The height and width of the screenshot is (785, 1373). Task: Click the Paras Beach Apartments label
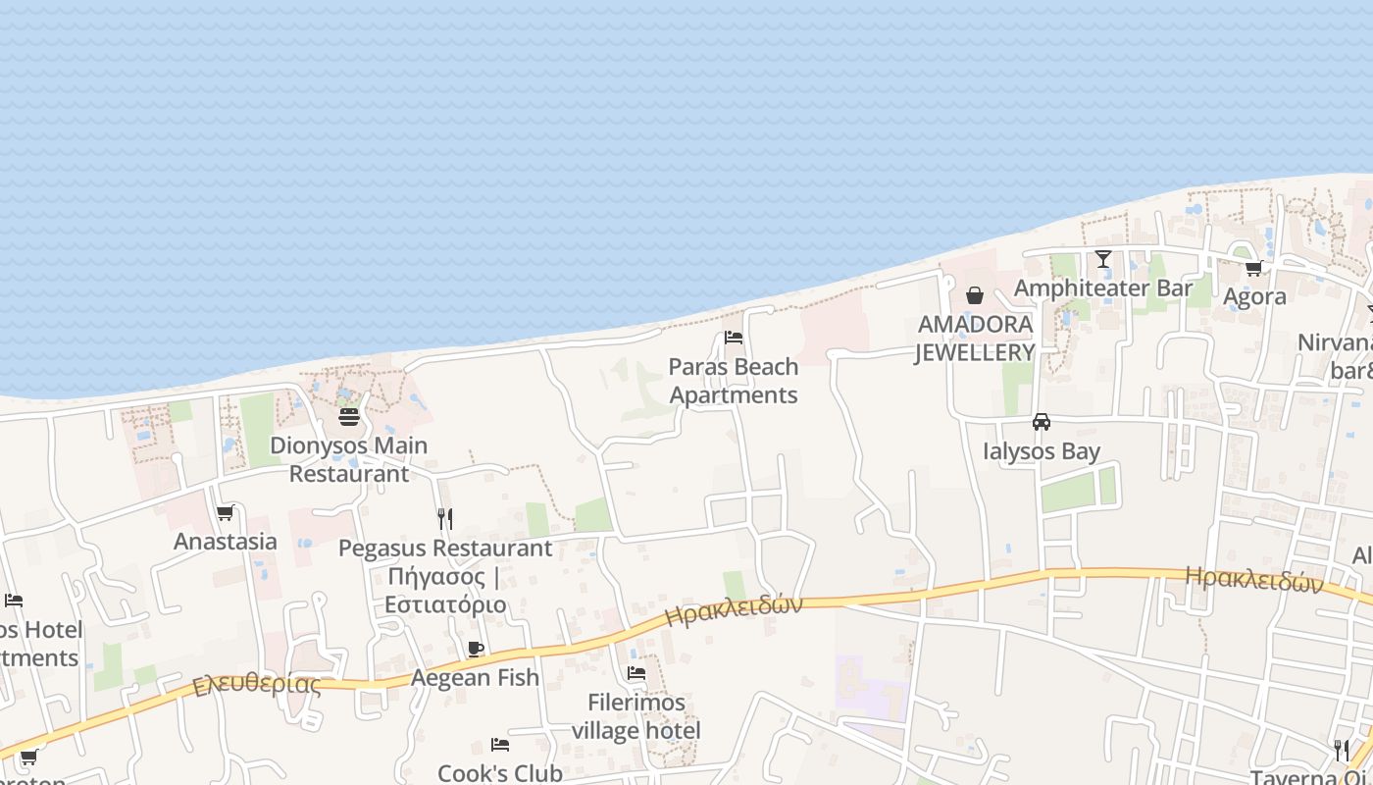734,381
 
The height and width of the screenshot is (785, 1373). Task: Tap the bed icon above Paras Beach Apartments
734,338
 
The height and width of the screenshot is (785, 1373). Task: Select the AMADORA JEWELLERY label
975,339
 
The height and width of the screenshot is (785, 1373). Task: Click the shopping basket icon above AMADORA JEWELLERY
975,295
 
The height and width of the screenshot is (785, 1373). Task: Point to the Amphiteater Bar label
1103,288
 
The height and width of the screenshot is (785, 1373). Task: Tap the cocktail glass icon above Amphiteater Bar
1103,259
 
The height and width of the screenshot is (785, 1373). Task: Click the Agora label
1254,297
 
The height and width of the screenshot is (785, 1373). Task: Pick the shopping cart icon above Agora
1253,268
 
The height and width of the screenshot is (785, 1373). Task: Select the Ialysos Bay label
1042,451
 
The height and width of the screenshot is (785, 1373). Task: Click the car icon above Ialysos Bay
1042,422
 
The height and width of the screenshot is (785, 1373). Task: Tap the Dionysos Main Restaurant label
349,459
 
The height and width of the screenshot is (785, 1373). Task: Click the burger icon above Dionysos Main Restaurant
349,417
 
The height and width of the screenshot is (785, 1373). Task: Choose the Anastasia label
226,542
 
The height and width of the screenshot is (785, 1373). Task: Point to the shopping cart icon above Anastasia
226,512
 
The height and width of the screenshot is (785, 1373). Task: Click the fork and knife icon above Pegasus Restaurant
445,518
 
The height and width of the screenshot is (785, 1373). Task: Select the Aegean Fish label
476,677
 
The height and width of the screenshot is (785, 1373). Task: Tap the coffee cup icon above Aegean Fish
476,649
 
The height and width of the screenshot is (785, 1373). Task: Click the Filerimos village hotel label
636,716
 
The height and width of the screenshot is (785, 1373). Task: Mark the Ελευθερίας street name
257,684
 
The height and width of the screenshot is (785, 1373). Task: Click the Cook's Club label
500,773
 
